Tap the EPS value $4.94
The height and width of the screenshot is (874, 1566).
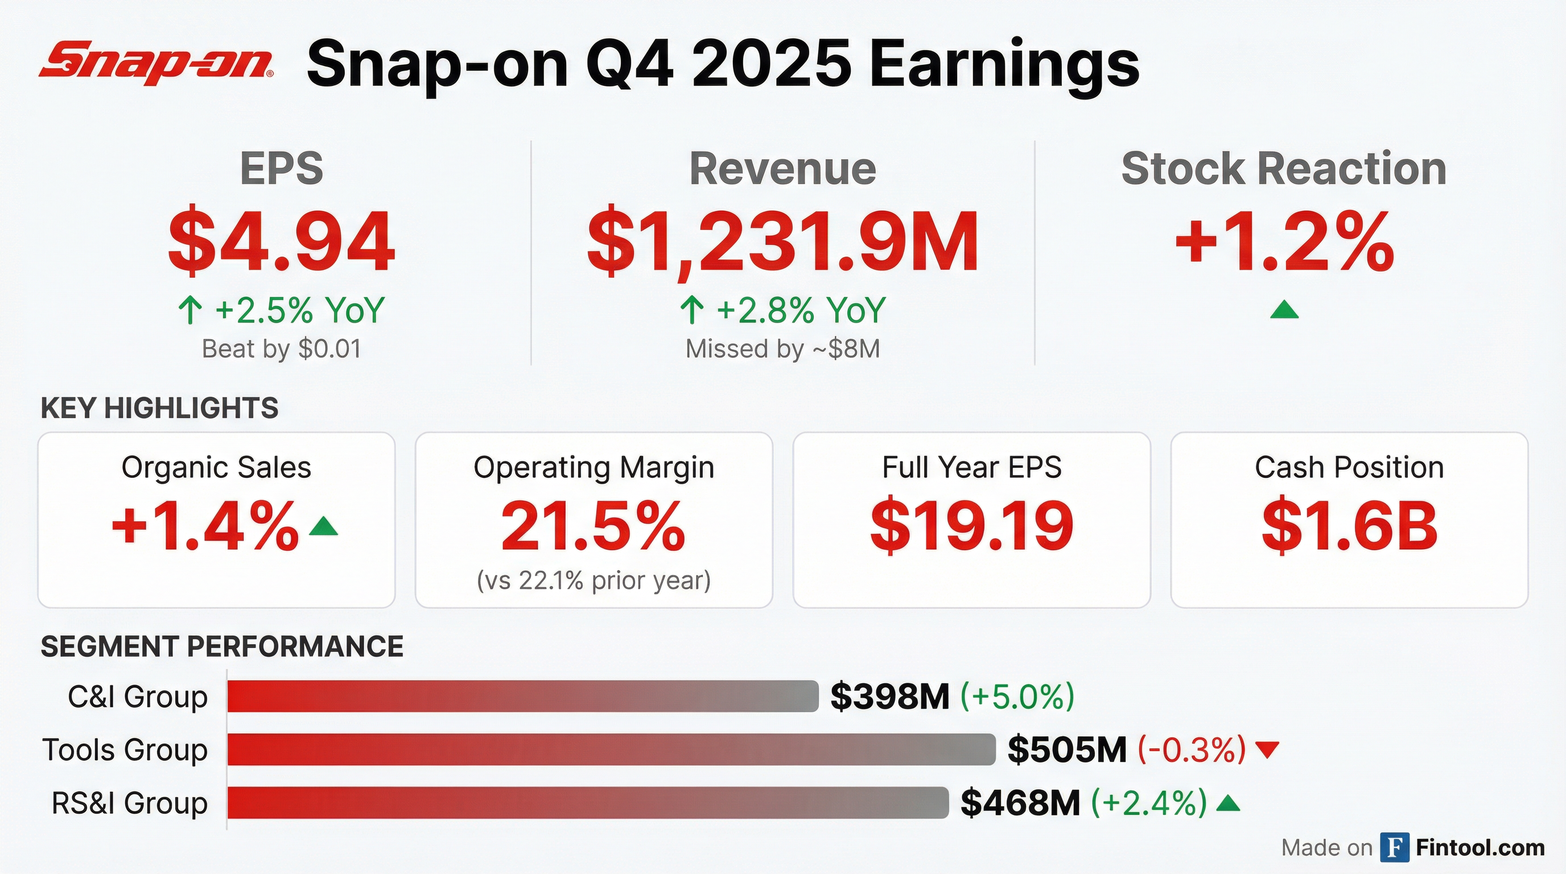coord(282,241)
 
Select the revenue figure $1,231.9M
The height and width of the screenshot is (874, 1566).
coord(782,241)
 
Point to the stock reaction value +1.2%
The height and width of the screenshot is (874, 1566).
coord(1284,241)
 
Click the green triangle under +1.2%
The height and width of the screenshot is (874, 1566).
coord(1284,310)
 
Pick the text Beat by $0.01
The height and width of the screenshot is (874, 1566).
coord(282,349)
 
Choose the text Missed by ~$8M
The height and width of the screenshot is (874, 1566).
coord(782,349)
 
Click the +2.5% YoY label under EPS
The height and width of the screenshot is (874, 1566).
coord(282,310)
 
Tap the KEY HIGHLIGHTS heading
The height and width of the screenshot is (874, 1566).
coord(159,408)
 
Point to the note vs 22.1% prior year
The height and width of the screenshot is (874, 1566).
coord(594,580)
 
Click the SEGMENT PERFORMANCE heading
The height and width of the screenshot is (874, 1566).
coord(222,646)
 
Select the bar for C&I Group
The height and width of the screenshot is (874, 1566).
coord(523,696)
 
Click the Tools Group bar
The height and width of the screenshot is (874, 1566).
coord(611,749)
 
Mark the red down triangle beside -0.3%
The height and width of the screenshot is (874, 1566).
coord(1267,750)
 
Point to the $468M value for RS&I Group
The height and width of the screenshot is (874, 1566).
coord(1020,803)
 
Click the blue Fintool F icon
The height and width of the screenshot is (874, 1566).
coord(1395,847)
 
